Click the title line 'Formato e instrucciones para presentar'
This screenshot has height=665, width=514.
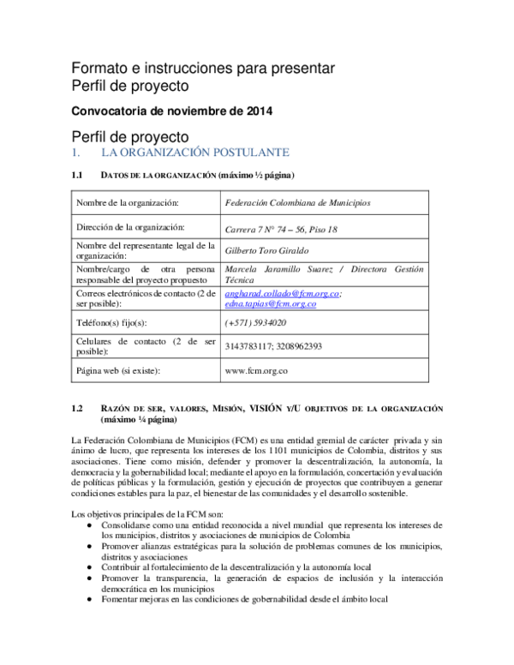pos(202,68)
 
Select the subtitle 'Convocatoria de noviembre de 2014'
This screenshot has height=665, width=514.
pos(170,111)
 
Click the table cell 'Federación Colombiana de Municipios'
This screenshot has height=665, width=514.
pos(296,203)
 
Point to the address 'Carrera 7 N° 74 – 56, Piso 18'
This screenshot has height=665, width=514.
pos(280,229)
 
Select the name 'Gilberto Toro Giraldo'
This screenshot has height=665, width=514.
pos(266,250)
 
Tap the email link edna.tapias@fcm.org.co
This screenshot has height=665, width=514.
pos(270,303)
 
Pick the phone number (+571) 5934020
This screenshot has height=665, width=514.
pos(255,323)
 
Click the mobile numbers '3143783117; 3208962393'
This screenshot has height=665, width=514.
pos(272,347)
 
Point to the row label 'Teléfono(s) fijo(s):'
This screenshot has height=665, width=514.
pos(112,323)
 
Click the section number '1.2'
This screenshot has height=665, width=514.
pos(77,409)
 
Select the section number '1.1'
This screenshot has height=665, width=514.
pos(77,176)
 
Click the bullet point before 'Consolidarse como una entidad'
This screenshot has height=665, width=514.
pos(92,522)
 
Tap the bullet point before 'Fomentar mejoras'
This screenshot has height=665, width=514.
pos(92,601)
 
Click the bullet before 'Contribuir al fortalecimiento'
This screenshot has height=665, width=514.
pos(92,567)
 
